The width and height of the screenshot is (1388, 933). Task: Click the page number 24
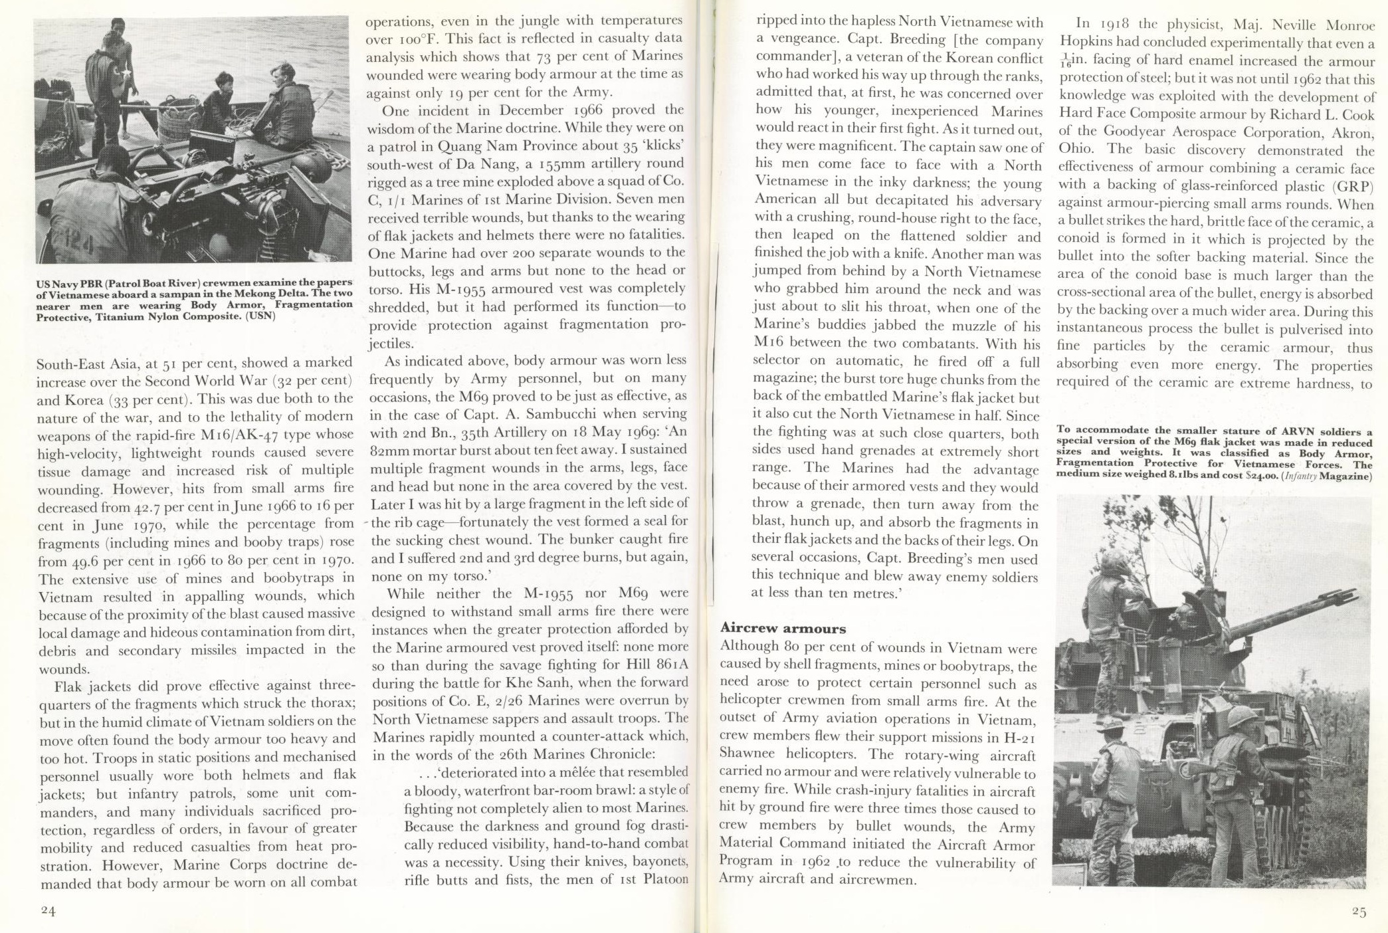coord(47,910)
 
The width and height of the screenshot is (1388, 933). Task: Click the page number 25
coord(1359,912)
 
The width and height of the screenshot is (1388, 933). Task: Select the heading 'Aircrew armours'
coord(783,628)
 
